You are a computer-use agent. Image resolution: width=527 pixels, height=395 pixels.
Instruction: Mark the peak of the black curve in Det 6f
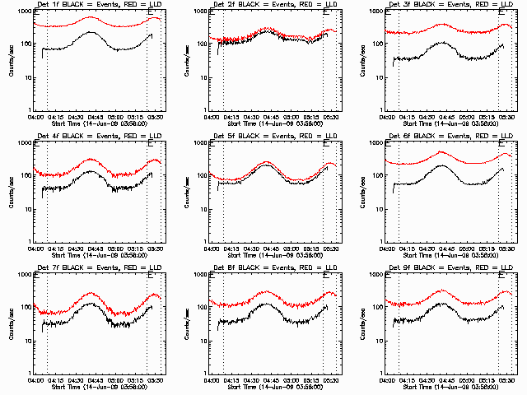pyautogui.click(x=442, y=166)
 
